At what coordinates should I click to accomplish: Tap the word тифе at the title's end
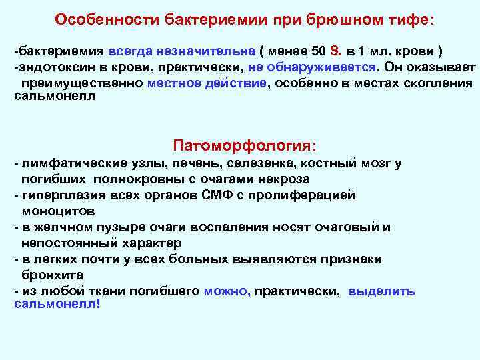[411, 20]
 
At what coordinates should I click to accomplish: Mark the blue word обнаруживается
[321, 67]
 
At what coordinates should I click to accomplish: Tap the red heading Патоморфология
[244, 145]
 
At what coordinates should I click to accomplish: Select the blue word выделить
[381, 291]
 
